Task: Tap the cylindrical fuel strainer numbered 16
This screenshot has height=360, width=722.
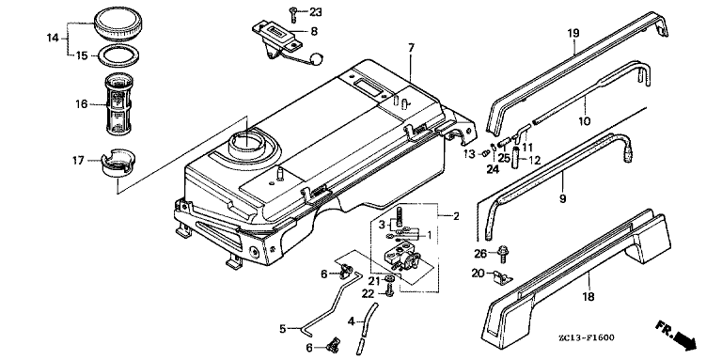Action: point(119,104)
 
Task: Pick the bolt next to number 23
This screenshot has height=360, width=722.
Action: point(293,14)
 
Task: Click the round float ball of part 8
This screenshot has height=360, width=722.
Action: point(316,58)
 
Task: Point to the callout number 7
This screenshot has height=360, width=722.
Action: point(411,47)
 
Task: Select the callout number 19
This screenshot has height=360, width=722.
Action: point(573,33)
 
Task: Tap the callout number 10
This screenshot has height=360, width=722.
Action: point(585,121)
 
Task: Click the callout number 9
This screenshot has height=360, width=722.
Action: point(563,199)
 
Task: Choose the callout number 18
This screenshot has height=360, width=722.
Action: point(589,296)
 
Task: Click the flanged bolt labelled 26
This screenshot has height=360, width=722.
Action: point(503,254)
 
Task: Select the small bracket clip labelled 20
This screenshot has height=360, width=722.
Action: point(502,276)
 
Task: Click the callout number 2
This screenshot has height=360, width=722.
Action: point(455,216)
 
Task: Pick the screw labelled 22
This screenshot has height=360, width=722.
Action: point(390,290)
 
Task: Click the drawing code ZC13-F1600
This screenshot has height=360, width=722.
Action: point(586,337)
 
